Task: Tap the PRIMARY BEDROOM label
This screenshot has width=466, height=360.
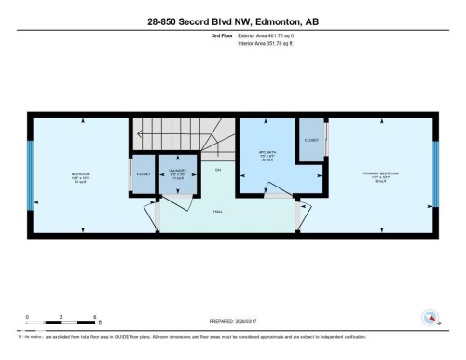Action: pos(379,174)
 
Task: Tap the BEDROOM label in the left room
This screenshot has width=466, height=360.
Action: pos(80,174)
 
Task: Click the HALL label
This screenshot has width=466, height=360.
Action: pos(218,212)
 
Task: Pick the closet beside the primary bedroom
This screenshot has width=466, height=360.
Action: pos(311,141)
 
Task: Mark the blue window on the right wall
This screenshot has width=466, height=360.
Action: pos(435,174)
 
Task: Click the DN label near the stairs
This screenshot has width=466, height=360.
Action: pos(217,170)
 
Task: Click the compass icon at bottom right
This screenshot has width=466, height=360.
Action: pos(430,316)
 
